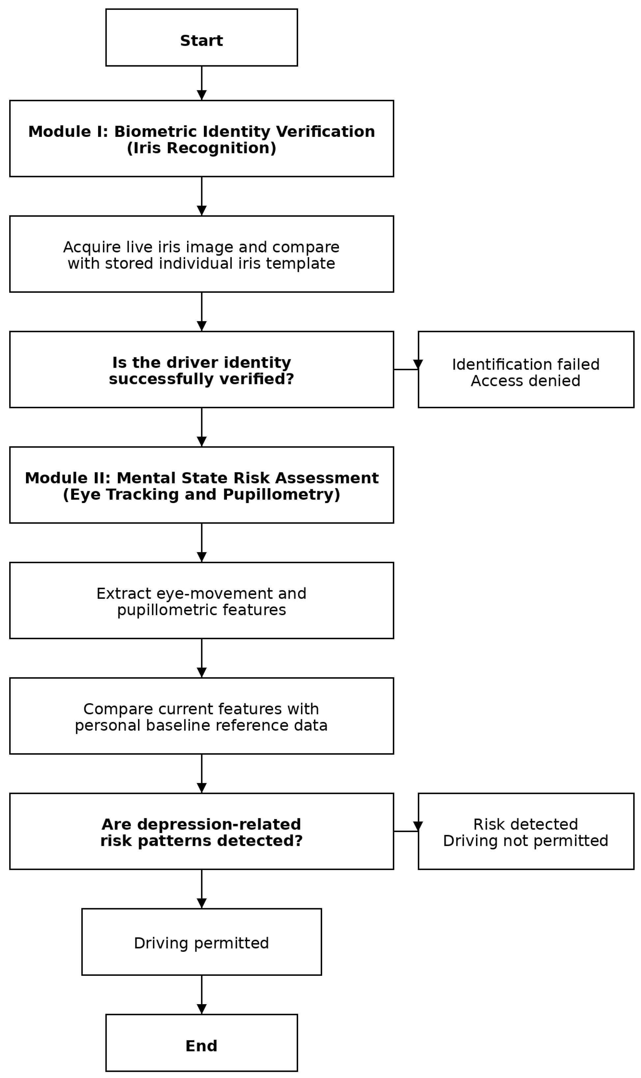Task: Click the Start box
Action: click(x=201, y=38)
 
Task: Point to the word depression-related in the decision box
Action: click(x=219, y=824)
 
